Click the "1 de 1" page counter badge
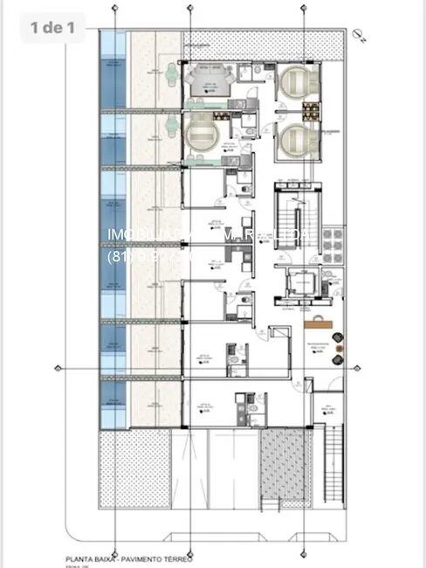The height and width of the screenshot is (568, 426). tap(52, 27)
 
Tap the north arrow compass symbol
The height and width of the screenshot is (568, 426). tap(359, 32)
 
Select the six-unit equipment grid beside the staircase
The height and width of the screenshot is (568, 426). tap(332, 239)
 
